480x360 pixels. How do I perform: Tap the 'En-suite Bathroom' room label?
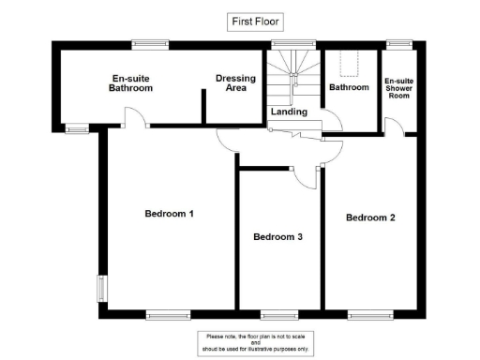(x=132, y=82)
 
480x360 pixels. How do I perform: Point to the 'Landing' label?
(x=287, y=112)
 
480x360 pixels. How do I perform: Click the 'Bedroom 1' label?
(x=169, y=213)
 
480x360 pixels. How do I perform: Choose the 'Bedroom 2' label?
(x=370, y=217)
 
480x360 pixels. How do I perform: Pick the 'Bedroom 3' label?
(x=277, y=237)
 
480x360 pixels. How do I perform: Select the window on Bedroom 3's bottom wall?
(x=278, y=314)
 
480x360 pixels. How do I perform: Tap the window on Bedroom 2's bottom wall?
(x=369, y=314)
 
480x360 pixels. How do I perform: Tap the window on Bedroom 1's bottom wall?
(x=168, y=314)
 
